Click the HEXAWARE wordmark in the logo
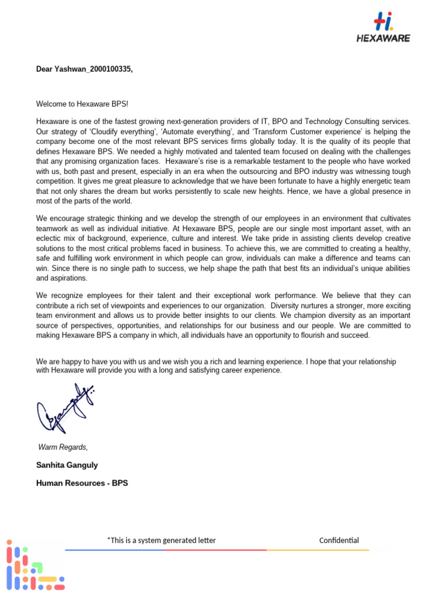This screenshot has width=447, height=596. (383, 38)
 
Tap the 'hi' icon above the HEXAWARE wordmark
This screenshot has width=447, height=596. (383, 23)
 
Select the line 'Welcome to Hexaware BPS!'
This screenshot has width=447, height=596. (81, 104)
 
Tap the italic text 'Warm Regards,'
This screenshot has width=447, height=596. (63, 447)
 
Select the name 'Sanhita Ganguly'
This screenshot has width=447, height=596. (67, 465)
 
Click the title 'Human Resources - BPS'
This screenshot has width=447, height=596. (81, 483)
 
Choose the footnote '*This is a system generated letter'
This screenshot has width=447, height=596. (161, 540)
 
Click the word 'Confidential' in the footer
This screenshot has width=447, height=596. (339, 540)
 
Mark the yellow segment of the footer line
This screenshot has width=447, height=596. (318, 549)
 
